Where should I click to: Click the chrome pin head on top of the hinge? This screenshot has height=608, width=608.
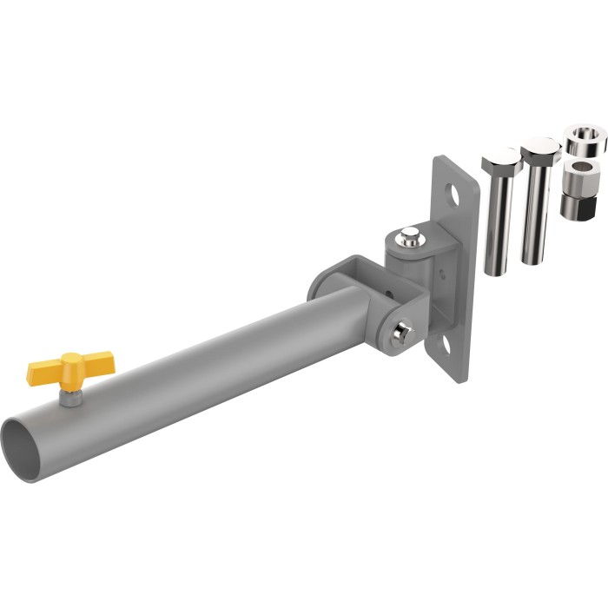408,235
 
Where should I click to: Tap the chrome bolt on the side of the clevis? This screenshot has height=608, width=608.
403,333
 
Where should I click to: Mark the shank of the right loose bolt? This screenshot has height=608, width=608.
537,213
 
